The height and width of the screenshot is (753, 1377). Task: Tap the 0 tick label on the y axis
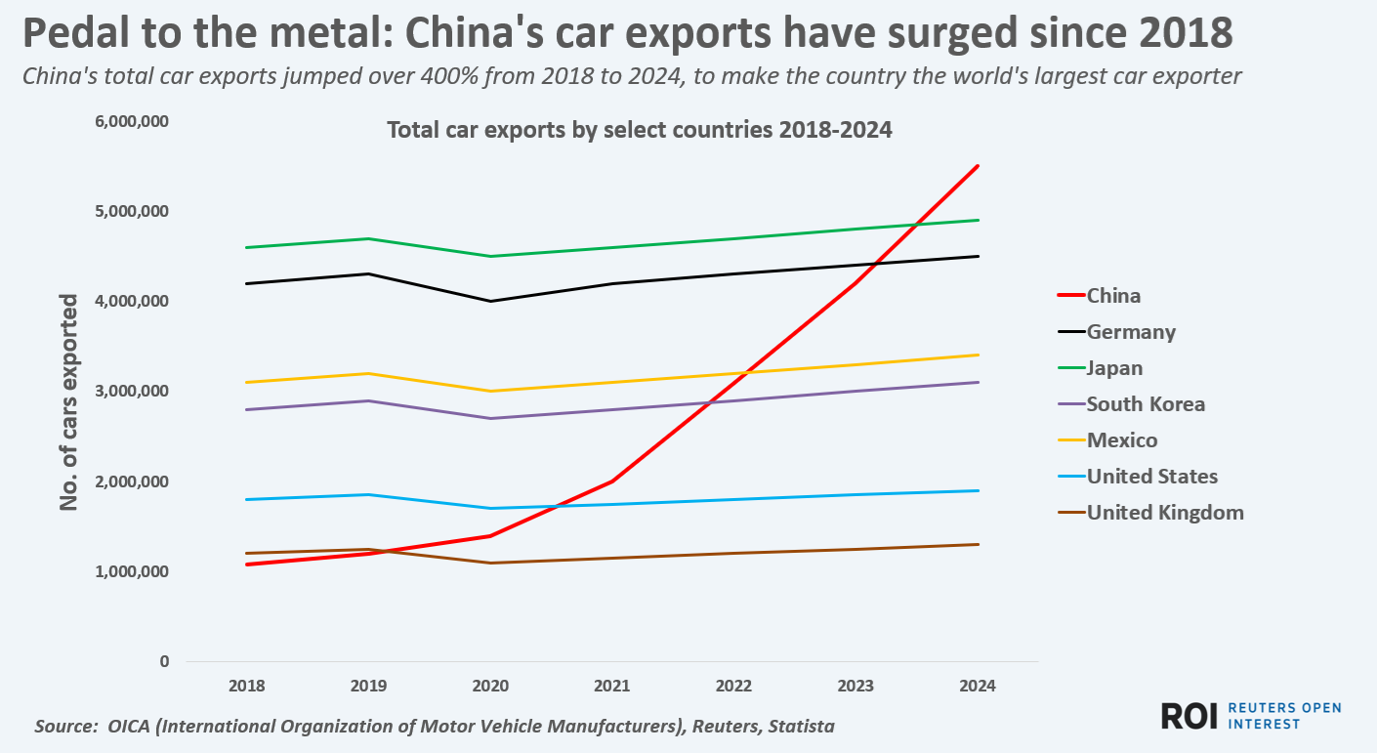click(x=163, y=661)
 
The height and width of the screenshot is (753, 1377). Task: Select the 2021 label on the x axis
click(x=612, y=686)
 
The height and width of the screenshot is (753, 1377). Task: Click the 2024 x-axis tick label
click(x=978, y=686)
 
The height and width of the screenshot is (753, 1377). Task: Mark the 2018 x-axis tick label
click(x=246, y=686)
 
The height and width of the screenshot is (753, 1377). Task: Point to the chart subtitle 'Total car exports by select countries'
click(x=640, y=130)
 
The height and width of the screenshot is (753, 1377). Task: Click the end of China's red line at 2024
click(x=978, y=166)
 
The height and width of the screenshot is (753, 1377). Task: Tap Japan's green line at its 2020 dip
click(x=490, y=256)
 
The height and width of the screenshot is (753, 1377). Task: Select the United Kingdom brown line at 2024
click(x=978, y=544)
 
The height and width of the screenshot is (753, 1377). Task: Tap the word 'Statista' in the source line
click(x=801, y=727)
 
